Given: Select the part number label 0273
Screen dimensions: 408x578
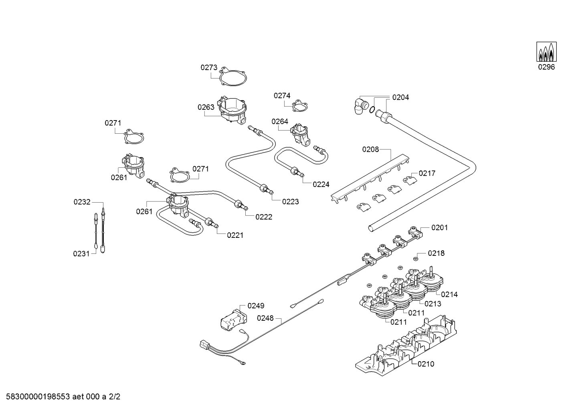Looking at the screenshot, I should [x=209, y=68].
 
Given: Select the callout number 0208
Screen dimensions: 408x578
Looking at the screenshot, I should [x=370, y=149].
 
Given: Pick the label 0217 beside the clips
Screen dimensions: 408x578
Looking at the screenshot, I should [x=427, y=173].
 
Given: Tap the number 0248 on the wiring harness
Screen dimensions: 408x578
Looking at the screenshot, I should [x=265, y=318].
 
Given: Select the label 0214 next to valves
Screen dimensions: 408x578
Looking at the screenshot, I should [x=449, y=294].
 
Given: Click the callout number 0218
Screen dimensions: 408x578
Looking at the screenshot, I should [x=436, y=253].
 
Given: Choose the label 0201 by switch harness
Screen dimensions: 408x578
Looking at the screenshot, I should [x=440, y=227].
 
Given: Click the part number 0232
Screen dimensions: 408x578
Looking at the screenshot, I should [x=82, y=202].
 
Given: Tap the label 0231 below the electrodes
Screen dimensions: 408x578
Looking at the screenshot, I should [x=81, y=253].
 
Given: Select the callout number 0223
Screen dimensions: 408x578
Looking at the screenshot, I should [x=290, y=201].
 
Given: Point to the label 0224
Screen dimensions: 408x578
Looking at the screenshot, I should [x=321, y=184].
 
